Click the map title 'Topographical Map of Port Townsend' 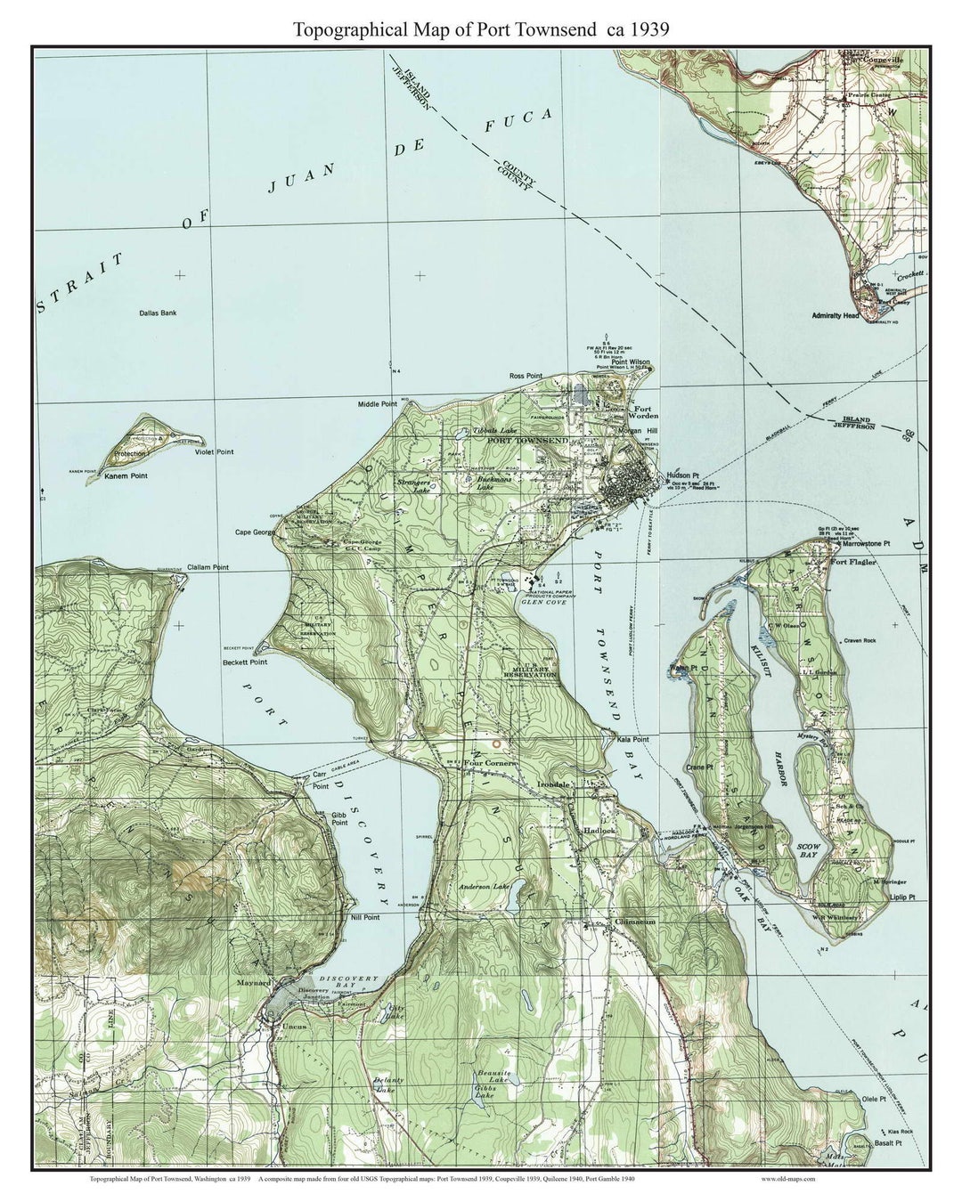(x=481, y=28)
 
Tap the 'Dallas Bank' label (x=158, y=313)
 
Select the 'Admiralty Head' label (x=836, y=316)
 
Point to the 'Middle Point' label (x=377, y=404)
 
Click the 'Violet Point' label (x=214, y=452)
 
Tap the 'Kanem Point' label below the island (x=126, y=476)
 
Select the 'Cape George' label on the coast (x=255, y=532)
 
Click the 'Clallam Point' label (x=208, y=567)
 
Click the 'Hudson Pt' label (x=685, y=475)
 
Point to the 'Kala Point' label (x=631, y=740)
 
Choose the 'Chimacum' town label (x=634, y=922)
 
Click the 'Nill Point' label (x=365, y=917)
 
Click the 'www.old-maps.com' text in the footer (x=788, y=1178)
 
